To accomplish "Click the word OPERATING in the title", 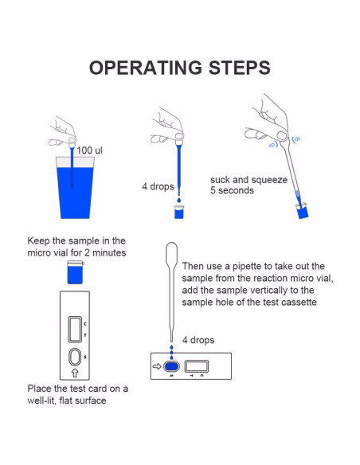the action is [146, 68].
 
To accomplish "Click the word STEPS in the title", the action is [240, 68].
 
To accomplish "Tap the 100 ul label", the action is [89, 150].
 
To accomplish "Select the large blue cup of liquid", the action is [75, 188].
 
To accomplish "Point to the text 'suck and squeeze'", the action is [248, 180].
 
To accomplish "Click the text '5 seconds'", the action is [232, 190].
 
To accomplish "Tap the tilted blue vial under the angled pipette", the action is [302, 211].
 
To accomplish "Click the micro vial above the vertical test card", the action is [75, 272].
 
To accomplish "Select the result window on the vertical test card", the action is [75, 329].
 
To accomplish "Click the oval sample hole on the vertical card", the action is [75, 357].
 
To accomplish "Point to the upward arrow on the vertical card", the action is [75, 373].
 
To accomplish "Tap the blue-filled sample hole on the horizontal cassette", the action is [171, 366].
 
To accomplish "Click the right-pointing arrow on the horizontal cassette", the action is [157, 366].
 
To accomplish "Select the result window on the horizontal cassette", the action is [197, 366].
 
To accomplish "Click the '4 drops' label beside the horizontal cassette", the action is [198, 340].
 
